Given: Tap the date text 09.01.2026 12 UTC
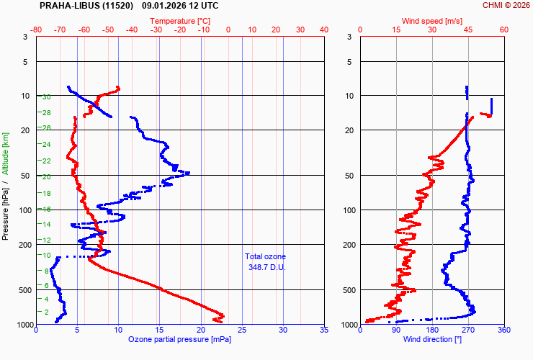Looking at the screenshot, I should [x=180, y=5].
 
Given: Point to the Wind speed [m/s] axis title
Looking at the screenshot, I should [x=432, y=21].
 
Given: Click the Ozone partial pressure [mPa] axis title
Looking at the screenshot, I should [x=180, y=339].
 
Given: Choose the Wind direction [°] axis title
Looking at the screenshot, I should [x=432, y=339].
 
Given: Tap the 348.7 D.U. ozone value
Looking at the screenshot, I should [x=265, y=267].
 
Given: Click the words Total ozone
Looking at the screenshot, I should [x=265, y=256].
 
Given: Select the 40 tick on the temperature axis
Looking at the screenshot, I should [x=323, y=30].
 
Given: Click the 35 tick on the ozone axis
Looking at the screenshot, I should [x=323, y=330].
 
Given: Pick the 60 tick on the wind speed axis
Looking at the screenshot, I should [x=503, y=30].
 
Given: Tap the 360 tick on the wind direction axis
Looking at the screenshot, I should [x=503, y=330].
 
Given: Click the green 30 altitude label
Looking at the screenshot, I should [x=46, y=96].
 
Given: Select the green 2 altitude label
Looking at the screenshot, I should [x=47, y=312].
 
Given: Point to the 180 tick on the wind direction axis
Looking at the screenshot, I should [x=432, y=330].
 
